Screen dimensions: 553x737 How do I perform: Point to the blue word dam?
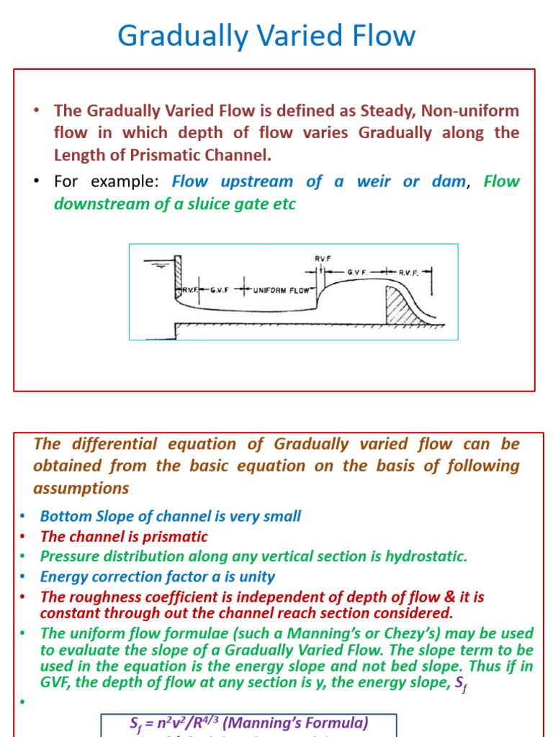pyautogui.click(x=449, y=181)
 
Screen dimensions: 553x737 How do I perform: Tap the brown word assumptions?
pyautogui.click(x=81, y=489)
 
